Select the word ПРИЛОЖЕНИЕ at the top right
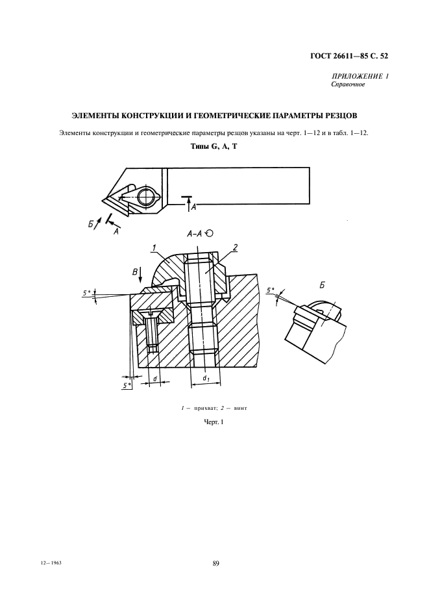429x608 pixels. (354, 77)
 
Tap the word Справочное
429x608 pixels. (348, 84)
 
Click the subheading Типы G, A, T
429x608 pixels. (214, 147)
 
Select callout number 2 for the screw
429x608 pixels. (235, 247)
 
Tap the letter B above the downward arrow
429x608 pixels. (135, 272)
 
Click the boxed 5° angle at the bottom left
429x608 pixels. (127, 385)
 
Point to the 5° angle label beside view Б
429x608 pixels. (270, 290)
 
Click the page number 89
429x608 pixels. (216, 563)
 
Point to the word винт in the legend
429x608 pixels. (240, 409)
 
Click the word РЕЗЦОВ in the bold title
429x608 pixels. (341, 116)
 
